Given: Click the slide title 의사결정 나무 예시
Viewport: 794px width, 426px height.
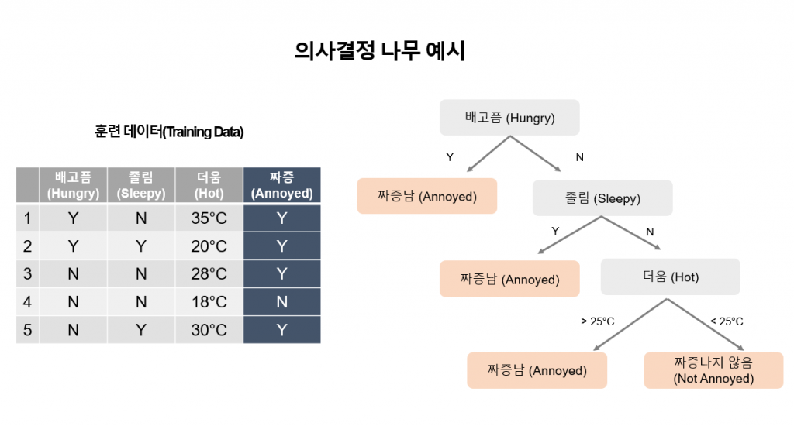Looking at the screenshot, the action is [379, 50].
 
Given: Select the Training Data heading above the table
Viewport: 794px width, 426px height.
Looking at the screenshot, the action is [168, 132].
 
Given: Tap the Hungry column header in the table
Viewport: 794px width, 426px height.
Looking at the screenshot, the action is [74, 185].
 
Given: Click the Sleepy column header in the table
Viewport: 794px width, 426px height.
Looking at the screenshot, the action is [141, 185].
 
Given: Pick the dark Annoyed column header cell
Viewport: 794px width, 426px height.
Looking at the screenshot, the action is [282, 185].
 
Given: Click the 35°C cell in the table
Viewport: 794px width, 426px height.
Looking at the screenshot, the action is [209, 218].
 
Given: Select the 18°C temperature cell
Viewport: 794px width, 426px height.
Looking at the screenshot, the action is [209, 302].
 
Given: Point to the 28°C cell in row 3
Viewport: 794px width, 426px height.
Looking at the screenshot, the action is [209, 273].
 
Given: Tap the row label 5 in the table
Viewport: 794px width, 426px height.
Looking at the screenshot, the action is [27, 330].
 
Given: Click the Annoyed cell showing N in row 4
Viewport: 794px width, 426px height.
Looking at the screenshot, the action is [282, 302].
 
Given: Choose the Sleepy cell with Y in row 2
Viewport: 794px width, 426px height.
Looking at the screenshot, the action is [141, 246].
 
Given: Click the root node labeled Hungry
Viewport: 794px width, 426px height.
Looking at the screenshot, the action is [509, 118].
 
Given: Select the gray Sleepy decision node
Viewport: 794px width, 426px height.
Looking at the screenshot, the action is [602, 198].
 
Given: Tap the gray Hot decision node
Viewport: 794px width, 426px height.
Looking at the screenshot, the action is [671, 277].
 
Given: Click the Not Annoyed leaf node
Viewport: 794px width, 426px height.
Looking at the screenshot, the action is [713, 370].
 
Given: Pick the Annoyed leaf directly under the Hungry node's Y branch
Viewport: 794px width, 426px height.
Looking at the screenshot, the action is [427, 196].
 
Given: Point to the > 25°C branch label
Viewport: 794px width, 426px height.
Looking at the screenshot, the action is [598, 321].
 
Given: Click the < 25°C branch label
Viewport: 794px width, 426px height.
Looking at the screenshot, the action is [727, 321].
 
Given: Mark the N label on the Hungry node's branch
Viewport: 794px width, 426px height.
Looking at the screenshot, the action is [580, 157].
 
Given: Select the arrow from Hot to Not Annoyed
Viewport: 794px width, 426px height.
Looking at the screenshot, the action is [706, 325].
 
